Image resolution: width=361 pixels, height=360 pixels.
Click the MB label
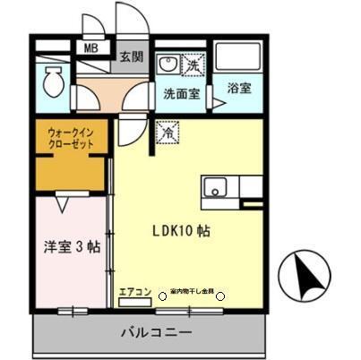tap(91, 48)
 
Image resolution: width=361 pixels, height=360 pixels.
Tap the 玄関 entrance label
tap(131, 56)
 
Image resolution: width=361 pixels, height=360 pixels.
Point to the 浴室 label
tap(238, 90)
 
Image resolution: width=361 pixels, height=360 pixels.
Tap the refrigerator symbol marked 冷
tap(166, 131)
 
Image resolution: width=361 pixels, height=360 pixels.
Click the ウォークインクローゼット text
tap(71, 138)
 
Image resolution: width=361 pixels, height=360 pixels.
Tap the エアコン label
tap(133, 290)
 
